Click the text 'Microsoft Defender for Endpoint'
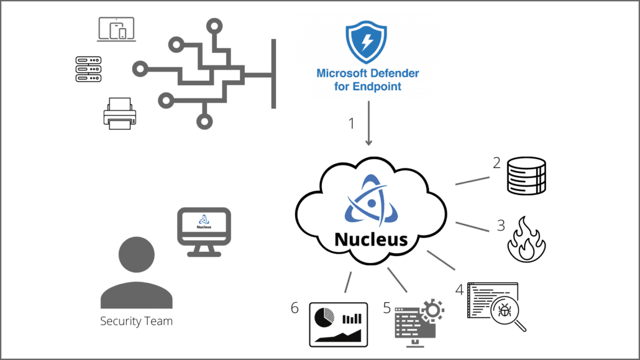(368, 80)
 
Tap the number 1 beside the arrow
(352, 123)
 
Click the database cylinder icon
(526, 176)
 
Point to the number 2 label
(496, 164)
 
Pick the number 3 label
(501, 225)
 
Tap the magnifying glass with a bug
(505, 312)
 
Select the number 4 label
(459, 290)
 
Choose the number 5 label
(386, 307)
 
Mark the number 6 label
(296, 307)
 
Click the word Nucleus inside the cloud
(372, 239)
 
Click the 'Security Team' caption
(136, 321)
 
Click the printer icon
(119, 114)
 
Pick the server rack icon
(88, 68)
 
